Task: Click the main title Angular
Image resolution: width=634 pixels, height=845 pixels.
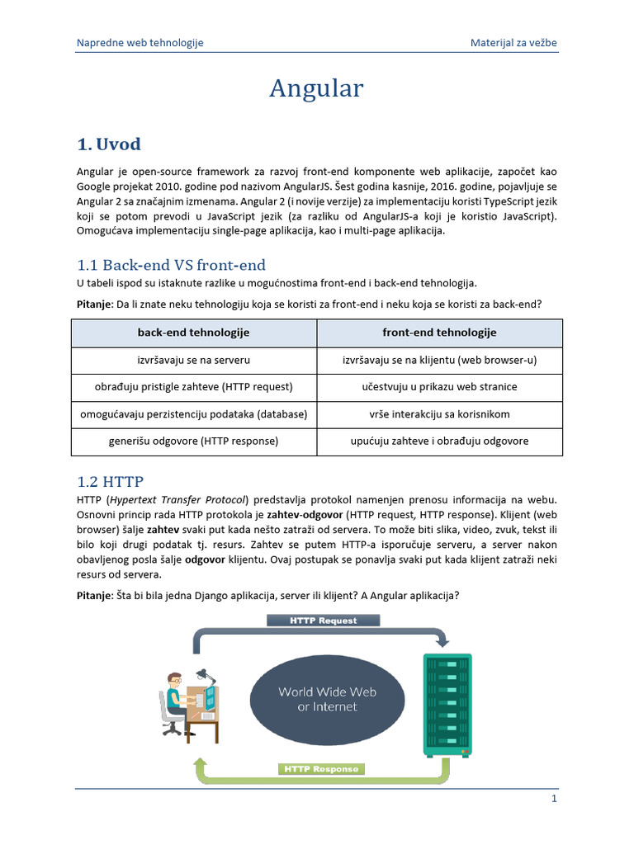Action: point(316,88)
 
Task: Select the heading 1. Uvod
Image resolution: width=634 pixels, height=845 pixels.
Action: point(108,144)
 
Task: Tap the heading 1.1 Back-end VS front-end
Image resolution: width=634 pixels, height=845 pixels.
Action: point(171,265)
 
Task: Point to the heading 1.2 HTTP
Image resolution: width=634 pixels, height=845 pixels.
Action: point(115,481)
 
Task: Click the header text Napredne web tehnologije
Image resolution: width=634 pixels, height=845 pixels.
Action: point(140,42)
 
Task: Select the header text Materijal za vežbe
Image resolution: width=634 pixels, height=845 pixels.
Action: point(518,42)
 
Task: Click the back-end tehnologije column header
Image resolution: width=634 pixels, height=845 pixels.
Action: point(193,333)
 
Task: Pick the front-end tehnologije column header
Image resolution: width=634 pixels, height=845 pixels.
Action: point(439,333)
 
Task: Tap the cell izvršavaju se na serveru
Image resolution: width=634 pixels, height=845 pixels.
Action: point(193,361)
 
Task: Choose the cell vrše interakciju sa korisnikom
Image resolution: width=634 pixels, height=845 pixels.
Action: point(439,414)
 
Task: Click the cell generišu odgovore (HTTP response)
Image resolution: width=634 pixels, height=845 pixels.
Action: point(193,441)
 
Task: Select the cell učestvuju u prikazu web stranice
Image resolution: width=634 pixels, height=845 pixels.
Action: point(439,387)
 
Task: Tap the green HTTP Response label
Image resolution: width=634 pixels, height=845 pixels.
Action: point(320,769)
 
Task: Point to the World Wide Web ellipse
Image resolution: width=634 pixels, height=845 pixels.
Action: point(328,697)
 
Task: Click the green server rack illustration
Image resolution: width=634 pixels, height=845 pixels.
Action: point(447,706)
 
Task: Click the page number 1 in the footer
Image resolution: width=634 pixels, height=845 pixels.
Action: point(555,799)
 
